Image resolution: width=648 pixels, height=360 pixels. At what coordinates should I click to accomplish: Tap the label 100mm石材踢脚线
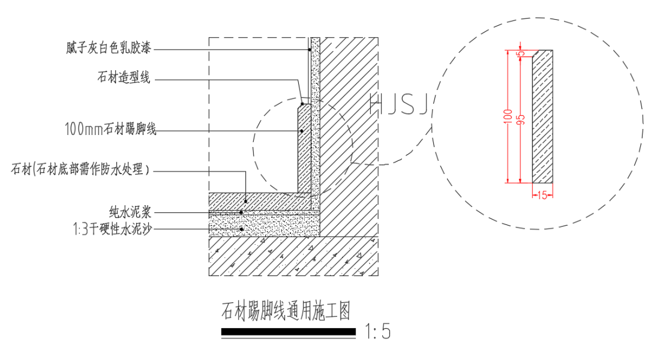click(110, 128)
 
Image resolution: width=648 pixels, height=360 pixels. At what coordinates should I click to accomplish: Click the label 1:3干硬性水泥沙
click(112, 229)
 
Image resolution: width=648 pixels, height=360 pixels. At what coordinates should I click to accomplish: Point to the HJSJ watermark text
click(398, 105)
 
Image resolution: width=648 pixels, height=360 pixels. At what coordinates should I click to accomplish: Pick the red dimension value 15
click(542, 194)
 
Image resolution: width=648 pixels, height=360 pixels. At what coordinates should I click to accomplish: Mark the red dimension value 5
click(521, 53)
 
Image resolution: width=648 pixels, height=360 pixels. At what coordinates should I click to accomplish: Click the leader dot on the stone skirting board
click(302, 130)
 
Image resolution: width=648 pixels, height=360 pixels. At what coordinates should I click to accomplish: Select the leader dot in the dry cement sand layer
click(241, 229)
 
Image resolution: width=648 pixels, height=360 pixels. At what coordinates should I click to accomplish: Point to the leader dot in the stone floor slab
click(247, 200)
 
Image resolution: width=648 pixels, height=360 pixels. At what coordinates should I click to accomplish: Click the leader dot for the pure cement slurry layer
click(241, 212)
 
